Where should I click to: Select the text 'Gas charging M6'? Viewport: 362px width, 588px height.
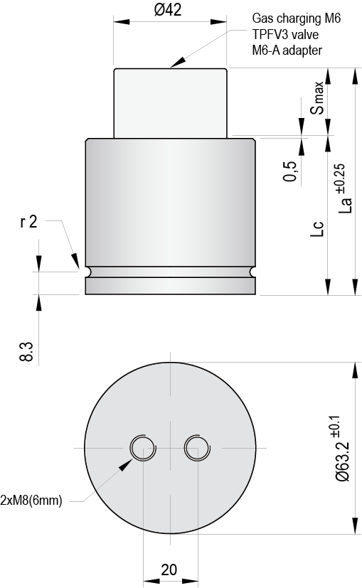[296, 19]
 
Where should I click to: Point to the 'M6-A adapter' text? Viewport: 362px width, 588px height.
[287, 50]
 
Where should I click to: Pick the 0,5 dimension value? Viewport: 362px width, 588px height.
[290, 171]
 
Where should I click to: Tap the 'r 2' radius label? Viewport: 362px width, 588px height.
[28, 223]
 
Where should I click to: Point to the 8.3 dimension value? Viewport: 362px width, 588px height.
[26, 351]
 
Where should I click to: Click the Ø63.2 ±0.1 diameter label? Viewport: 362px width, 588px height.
[342, 448]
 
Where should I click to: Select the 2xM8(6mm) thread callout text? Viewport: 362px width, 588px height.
[31, 501]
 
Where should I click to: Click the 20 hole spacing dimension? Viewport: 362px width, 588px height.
[169, 570]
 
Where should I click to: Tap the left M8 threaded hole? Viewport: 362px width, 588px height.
[142, 448]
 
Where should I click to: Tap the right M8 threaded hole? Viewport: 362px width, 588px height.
[196, 448]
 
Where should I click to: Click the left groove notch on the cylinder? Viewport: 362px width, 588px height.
[87, 272]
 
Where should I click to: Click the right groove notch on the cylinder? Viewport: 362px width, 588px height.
[252, 272]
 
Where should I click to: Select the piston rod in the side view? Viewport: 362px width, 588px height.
[170, 102]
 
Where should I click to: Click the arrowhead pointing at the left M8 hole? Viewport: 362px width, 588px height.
[125, 465]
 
